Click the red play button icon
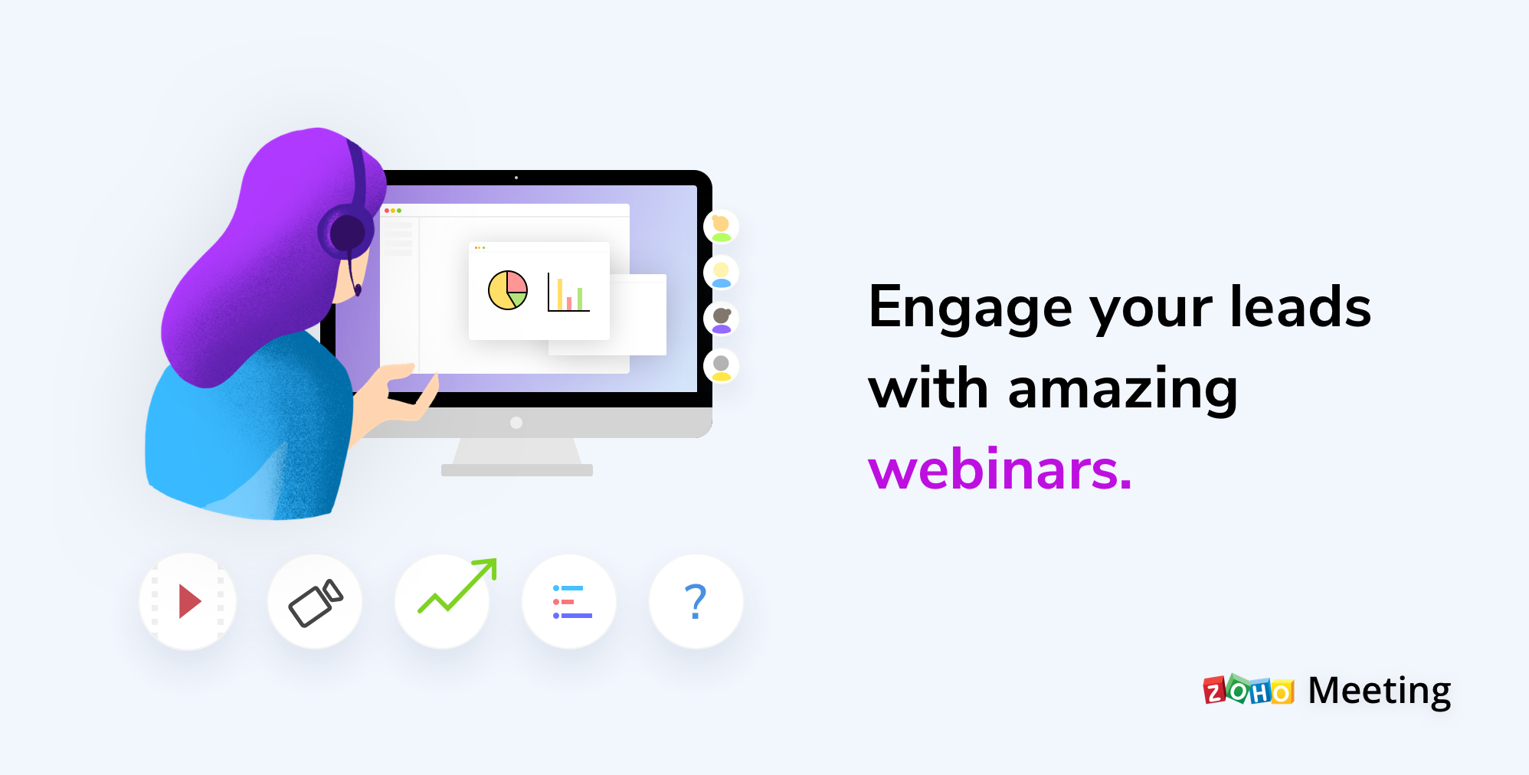188,601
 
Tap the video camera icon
315,603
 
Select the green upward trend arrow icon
457,587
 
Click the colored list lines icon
571,602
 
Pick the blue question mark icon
696,601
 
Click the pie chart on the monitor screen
508,290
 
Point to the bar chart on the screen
569,293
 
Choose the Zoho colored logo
1249,690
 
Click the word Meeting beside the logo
1379,691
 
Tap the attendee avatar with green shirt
721,227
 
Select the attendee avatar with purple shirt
721,319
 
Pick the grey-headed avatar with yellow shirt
721,366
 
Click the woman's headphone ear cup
346,231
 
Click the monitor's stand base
517,469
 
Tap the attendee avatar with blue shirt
721,273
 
